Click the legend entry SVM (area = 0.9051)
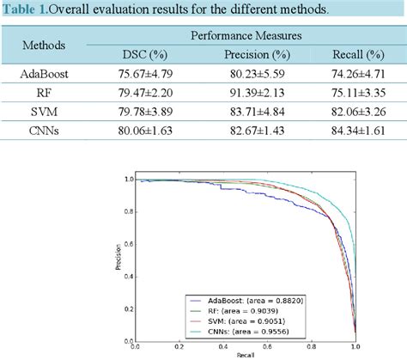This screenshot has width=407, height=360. tap(253, 320)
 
